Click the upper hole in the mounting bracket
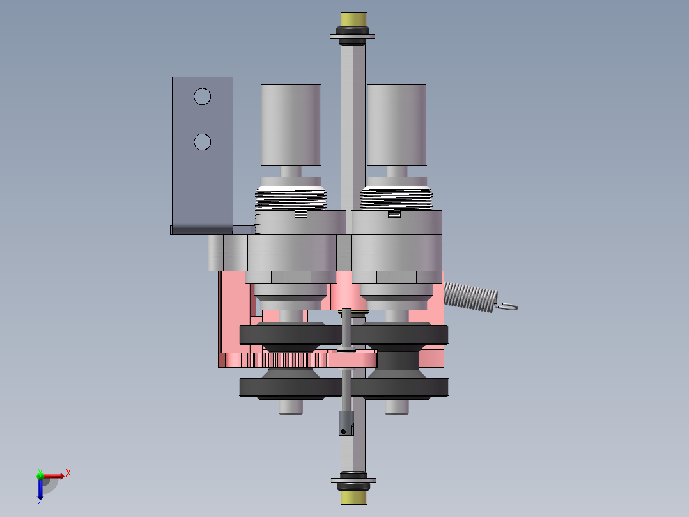[202, 97]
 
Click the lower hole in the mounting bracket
[202, 141]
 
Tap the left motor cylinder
[291, 125]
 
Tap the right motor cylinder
[396, 125]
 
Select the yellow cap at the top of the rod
[353, 19]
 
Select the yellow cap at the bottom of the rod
[353, 498]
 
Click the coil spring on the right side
[470, 297]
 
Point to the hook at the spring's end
[507, 306]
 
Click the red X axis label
[68, 473]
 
